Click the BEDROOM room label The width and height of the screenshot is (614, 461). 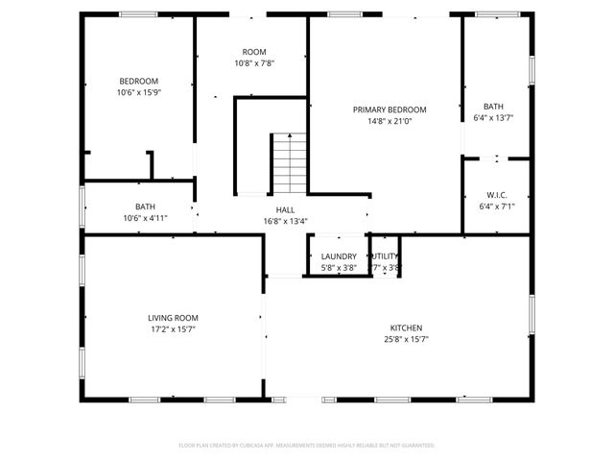(138, 81)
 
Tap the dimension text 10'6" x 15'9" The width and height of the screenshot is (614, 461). (138, 93)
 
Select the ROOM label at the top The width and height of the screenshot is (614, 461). (254, 52)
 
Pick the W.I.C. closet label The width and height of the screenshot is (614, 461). (497, 193)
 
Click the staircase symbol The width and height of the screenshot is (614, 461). (288, 163)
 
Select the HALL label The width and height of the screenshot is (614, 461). (286, 209)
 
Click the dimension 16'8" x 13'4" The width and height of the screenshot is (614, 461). (286, 222)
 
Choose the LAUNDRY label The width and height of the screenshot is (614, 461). (339, 256)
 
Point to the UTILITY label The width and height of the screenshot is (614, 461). (385, 256)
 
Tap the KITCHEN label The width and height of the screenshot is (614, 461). (405, 328)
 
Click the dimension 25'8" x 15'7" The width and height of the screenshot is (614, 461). (405, 339)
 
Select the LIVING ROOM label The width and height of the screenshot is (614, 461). (173, 318)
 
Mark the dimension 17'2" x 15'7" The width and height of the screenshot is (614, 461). (173, 329)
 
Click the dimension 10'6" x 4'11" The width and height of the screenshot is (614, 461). (145, 218)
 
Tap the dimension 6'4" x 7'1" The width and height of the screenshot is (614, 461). (497, 206)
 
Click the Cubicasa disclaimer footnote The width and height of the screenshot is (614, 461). (307, 446)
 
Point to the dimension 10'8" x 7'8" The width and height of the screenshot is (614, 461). (254, 64)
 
